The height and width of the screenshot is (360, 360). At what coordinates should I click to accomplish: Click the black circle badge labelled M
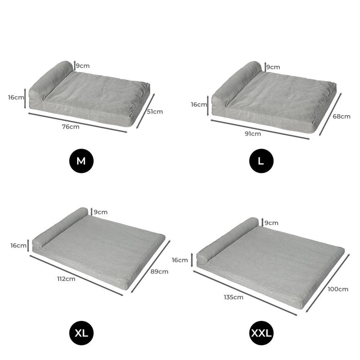pos(81,161)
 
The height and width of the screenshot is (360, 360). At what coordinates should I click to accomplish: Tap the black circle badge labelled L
pos(261,161)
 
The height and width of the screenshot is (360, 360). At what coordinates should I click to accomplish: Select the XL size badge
pos(81,333)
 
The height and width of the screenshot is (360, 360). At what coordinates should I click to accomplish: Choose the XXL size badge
pos(261,333)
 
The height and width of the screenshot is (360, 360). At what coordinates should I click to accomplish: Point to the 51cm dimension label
pos(155,111)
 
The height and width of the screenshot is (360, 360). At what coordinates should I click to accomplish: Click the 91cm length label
pos(253,134)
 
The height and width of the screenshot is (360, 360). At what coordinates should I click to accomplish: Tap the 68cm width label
pos(341,116)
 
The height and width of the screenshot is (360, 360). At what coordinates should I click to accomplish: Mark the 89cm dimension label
pos(159,271)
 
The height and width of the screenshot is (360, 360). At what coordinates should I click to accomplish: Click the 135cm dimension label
pos(234,297)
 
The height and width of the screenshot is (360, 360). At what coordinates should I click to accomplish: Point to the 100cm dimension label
pos(338,289)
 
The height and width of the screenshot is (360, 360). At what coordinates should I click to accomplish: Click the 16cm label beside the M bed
pos(16,97)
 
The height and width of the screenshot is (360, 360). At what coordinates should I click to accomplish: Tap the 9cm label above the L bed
pos(273,67)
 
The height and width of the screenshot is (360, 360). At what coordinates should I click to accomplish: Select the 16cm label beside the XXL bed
pos(180,260)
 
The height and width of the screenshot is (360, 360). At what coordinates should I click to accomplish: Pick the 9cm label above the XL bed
pos(100,212)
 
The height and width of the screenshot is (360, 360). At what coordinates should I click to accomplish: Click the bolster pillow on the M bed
pos(51,80)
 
